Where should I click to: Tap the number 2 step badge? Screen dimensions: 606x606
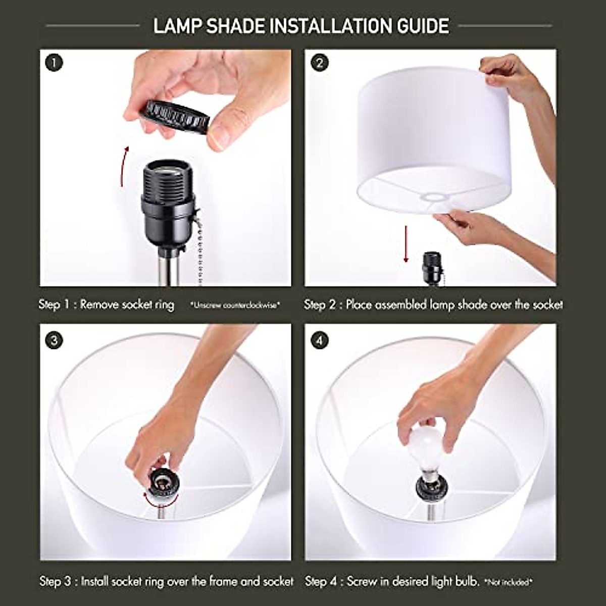pyautogui.click(x=319, y=63)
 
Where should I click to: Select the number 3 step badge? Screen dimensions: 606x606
pyautogui.click(x=54, y=340)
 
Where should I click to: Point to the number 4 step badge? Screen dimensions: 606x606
pyautogui.click(x=319, y=340)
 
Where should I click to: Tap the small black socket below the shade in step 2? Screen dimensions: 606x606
pyautogui.click(x=431, y=268)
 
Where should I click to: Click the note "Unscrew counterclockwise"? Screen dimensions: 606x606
pyautogui.click(x=235, y=305)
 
